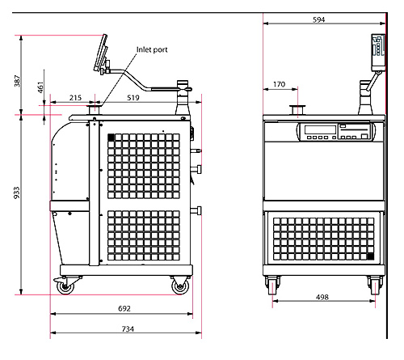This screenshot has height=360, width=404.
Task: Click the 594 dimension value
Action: click(318, 19)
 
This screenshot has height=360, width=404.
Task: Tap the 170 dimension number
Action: click(279, 84)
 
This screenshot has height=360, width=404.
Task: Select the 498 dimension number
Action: click(322, 297)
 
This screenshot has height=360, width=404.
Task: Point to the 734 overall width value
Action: click(128, 328)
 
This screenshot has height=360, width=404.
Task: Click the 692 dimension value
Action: click(124, 308)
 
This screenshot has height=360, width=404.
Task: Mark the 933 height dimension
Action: click(17, 193)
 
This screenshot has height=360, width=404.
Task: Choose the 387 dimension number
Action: click(17, 81)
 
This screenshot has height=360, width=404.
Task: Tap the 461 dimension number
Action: click(40, 87)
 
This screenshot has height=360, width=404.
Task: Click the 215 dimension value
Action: click(75, 97)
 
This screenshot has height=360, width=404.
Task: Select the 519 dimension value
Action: click(133, 97)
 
